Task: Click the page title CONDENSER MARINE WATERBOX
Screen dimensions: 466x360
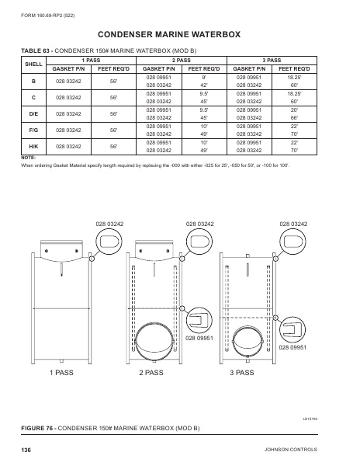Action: click(x=179, y=34)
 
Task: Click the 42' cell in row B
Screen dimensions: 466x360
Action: click(x=206, y=85)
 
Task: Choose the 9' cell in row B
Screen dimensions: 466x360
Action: click(x=206, y=78)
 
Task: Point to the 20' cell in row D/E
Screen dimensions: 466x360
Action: click(x=294, y=110)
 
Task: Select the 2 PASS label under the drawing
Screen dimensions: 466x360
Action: click(x=151, y=373)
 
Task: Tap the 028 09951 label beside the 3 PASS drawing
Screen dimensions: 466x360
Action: click(x=293, y=348)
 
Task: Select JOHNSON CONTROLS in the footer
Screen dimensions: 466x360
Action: click(x=308, y=450)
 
